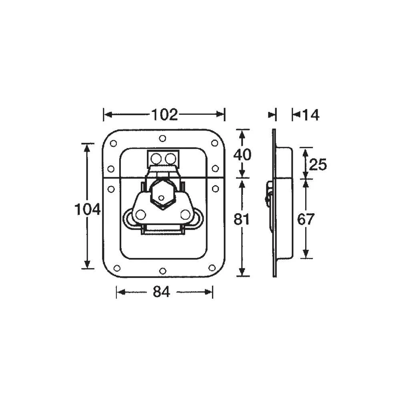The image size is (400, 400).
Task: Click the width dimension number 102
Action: tap(164, 115)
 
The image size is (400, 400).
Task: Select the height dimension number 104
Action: tap(87, 209)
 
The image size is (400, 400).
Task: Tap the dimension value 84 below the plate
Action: tap(162, 292)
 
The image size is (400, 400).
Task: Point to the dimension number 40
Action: tap(242, 154)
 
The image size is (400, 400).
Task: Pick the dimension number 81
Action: tap(241, 219)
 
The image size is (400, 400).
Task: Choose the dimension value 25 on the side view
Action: tap(318, 164)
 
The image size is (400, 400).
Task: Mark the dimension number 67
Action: tap(306, 219)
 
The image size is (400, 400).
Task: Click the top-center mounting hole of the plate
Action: tap(162, 138)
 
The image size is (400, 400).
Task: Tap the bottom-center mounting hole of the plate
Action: tap(162, 271)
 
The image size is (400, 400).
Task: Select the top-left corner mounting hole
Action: tap(113, 143)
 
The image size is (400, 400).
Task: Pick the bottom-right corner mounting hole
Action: tap(212, 268)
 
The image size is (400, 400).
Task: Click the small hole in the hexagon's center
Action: tap(161, 198)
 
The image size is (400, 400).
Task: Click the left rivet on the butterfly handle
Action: tap(140, 215)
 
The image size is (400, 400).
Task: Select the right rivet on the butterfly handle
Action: tap(185, 214)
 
